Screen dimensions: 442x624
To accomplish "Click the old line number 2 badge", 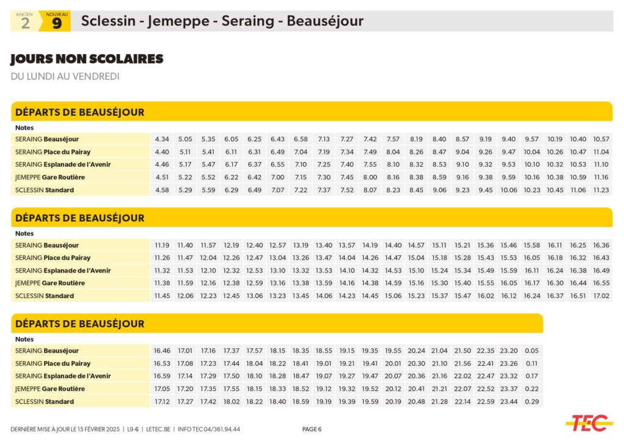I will pyautogui.click(x=25, y=22).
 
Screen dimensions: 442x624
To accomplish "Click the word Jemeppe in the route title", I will pyautogui.click(x=180, y=21).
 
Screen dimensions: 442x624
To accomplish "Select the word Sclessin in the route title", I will pyautogui.click(x=108, y=21).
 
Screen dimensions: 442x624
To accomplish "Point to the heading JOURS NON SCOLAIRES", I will pyautogui.click(x=87, y=59).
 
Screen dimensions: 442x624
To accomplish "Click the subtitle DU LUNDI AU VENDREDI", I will pyautogui.click(x=65, y=77).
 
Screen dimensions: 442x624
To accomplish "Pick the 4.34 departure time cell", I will pyautogui.click(x=162, y=139).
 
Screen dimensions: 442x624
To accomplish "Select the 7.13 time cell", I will pyautogui.click(x=324, y=139).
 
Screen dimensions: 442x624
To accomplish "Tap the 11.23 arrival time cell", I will pyautogui.click(x=601, y=190).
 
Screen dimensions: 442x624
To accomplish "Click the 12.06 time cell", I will pyautogui.click(x=185, y=296).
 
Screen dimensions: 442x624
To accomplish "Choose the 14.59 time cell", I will pyautogui.click(x=393, y=283).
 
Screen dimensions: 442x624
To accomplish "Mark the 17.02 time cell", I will pyautogui.click(x=601, y=296).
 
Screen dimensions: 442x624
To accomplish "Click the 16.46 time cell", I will pyautogui.click(x=162, y=351).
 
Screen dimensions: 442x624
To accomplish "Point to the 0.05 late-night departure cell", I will pyautogui.click(x=531, y=351).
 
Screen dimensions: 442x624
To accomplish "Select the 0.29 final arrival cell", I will pyautogui.click(x=531, y=402).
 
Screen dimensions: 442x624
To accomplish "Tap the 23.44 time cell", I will pyautogui.click(x=509, y=402).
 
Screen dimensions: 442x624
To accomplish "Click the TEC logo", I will pyautogui.click(x=588, y=422).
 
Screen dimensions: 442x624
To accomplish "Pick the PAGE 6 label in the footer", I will pyautogui.click(x=312, y=429).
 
